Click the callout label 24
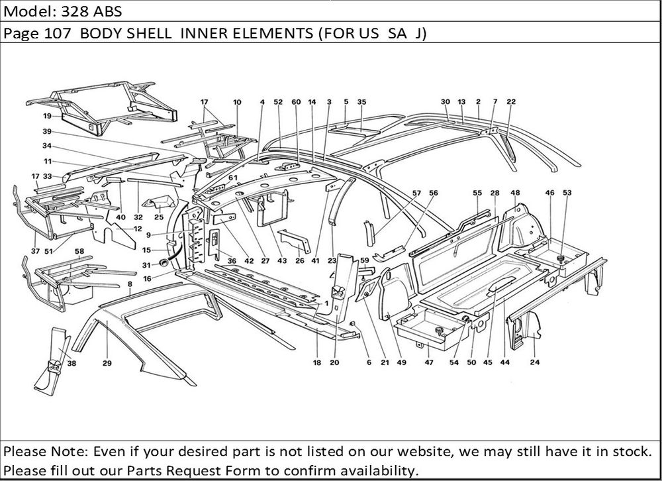[534, 363]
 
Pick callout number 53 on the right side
[567, 193]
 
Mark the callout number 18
[317, 363]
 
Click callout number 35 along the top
[361, 102]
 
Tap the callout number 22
[511, 102]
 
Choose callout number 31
[148, 266]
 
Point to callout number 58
[79, 252]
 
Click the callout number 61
[232, 178]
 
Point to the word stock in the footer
[628, 453]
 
